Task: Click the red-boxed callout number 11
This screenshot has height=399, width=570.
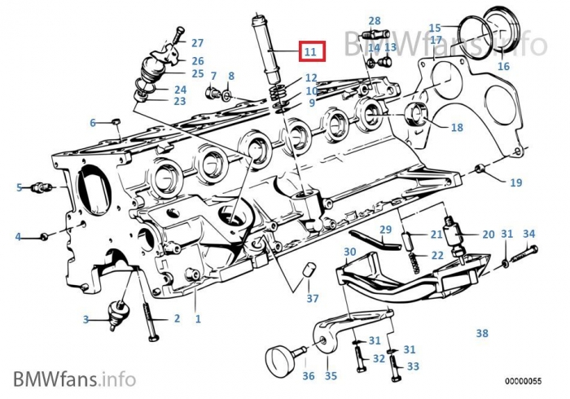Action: coord(310,51)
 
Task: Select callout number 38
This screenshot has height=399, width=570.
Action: coord(481,333)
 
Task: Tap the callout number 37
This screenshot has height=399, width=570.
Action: coord(313,299)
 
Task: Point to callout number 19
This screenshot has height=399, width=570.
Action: coord(515,182)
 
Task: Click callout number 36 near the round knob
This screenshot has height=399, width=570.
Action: coord(308,375)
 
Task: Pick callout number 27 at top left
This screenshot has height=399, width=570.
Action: coord(197,42)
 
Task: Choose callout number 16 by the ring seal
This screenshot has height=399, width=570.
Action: coord(503,66)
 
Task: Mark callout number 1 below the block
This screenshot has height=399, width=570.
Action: coord(197,319)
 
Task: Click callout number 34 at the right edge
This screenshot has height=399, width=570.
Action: coord(529,234)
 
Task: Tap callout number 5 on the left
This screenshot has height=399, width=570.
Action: coord(20,188)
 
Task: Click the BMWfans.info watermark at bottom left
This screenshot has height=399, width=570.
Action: coord(74,377)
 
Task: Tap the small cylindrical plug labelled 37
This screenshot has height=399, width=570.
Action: coord(309,271)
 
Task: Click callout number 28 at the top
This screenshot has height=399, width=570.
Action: coord(374,20)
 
